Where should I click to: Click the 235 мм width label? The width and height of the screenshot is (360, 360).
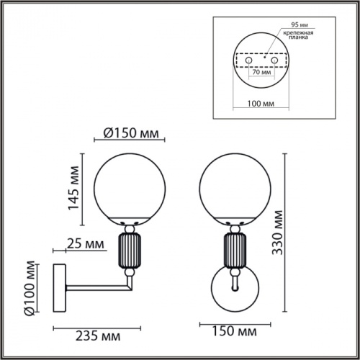[x=99, y=336]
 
